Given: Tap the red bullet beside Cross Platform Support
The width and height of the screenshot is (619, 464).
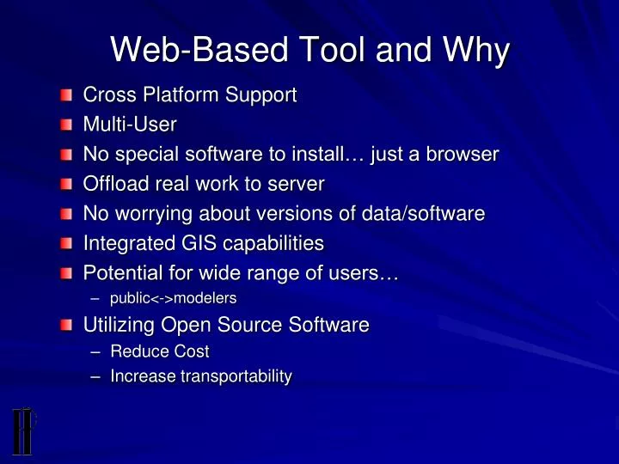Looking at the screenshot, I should pos(66,95).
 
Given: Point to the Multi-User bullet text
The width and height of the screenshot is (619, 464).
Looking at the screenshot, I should pos(129,125).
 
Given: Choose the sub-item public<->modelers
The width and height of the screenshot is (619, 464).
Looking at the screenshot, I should pos(174,298).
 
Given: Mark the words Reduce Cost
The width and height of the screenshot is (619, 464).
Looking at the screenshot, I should pos(160,351).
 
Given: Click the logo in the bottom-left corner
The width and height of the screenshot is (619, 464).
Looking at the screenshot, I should pos(23,430).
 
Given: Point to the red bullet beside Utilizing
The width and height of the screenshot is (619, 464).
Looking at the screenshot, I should pos(66,325).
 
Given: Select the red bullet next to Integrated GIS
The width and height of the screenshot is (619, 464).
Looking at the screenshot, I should pos(66,244).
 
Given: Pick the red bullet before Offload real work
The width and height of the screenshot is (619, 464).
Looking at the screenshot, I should pos(66,184).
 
